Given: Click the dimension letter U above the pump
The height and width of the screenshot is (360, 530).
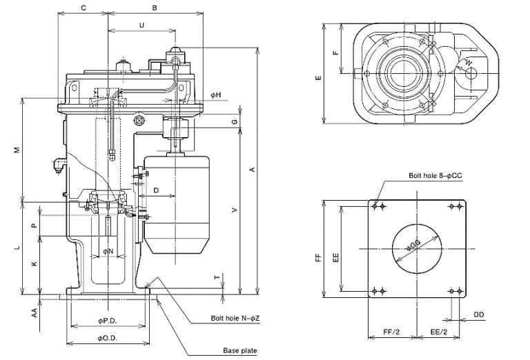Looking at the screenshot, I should coord(141,25).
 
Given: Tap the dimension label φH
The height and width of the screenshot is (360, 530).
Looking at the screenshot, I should coord(216,94).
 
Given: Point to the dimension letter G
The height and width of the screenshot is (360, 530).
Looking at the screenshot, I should coord(235,121).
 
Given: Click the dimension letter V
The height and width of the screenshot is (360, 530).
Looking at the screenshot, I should coord(235,209).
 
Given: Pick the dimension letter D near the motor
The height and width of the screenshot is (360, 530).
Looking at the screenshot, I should coord(156,190).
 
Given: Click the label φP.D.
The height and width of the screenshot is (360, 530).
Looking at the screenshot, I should coord(107,321).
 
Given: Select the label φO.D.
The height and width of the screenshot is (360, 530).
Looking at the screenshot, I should coord(107,337).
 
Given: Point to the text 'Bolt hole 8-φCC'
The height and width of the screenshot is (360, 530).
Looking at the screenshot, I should coord(435,176).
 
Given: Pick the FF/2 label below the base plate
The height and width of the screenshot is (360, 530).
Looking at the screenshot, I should coord(392,332).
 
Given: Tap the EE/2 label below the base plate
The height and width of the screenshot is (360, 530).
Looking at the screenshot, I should coord(440,332).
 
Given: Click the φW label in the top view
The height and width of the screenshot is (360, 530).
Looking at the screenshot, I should coord(468,63).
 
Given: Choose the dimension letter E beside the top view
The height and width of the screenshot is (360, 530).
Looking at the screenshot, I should coord(318,78).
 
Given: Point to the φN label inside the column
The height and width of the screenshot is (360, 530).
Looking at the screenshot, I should coord(108,252).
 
